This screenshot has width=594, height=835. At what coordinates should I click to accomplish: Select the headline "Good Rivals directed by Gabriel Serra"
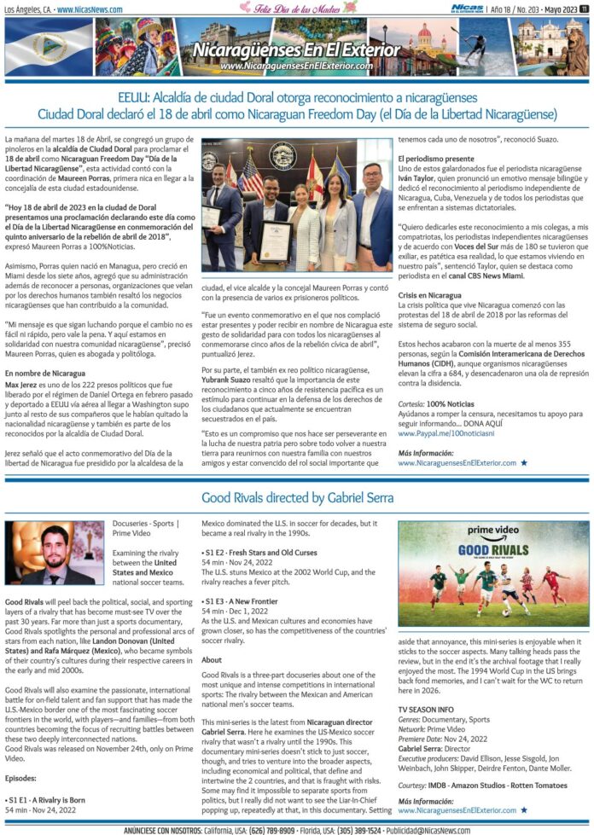click(x=296, y=497)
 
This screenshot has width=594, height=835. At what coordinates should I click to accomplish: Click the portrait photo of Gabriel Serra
click(x=54, y=553)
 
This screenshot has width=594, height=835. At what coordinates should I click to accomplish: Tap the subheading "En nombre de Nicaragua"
click(x=44, y=374)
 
